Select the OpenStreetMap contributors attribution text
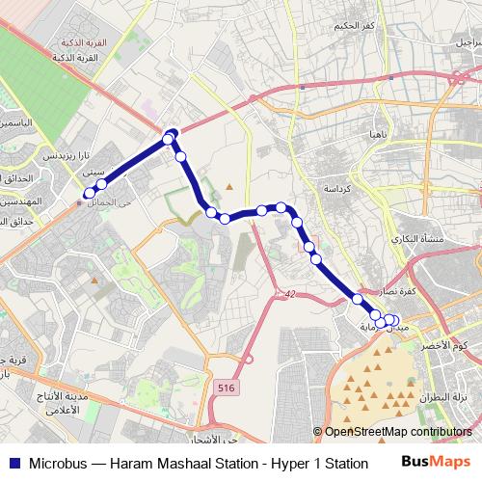[398, 432]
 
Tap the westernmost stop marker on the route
[89, 193]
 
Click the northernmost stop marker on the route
[173, 133]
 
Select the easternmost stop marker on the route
[393, 320]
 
